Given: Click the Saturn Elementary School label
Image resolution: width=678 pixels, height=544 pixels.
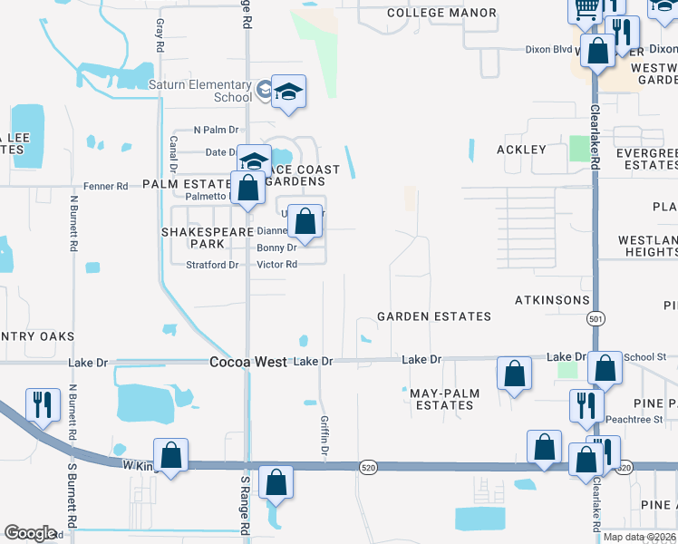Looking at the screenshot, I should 200,91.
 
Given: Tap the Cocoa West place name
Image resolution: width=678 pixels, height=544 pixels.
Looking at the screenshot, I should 248,361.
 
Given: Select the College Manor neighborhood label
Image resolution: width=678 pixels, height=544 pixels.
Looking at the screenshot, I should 441,13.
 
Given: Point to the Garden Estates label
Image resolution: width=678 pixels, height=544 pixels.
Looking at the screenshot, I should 433,316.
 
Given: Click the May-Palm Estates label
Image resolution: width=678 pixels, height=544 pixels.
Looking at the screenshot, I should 441,399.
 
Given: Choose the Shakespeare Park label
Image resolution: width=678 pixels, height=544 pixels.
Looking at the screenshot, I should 192,238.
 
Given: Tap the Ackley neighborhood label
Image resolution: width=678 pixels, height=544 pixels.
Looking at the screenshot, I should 521,149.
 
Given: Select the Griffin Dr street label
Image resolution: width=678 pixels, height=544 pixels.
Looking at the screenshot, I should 324,435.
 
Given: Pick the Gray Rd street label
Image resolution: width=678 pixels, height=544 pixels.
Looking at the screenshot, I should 160,34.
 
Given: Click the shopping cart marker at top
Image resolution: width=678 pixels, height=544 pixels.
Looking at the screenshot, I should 586,9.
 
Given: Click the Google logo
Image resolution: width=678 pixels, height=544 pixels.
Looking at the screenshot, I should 30,533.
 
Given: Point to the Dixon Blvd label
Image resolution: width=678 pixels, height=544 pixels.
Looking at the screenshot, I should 550,50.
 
